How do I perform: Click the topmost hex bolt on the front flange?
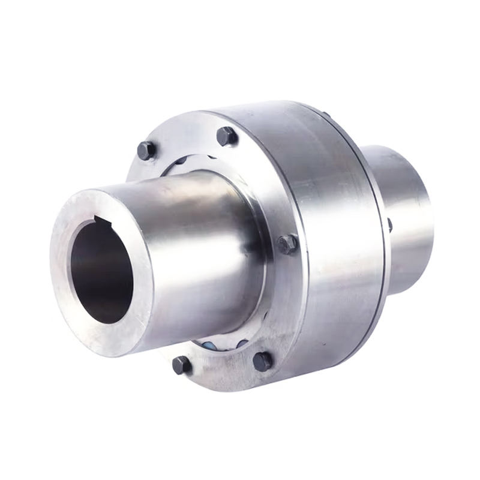tap(226, 136)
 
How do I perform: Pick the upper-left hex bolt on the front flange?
tap(146, 150)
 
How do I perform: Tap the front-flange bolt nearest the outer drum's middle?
tap(287, 244)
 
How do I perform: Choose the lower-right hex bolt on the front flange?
tap(262, 361)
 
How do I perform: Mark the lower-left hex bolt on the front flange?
tap(181, 364)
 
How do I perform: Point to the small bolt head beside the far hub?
tap(389, 226)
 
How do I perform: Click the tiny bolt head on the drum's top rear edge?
tap(326, 114)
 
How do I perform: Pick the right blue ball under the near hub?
tap(242, 343)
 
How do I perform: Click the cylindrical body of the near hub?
tap(192, 252)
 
